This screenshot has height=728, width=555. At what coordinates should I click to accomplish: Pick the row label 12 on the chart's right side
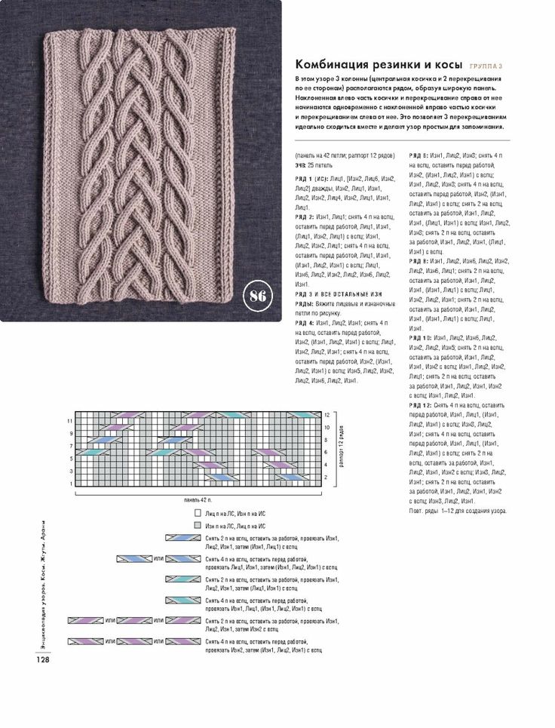(327, 415)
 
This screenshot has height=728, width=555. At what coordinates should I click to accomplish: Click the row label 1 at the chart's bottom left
(71, 484)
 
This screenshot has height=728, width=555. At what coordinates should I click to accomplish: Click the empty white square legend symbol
(197, 511)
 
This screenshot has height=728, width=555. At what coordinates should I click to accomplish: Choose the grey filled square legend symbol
(197, 524)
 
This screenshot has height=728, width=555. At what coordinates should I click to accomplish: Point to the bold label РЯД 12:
(421, 405)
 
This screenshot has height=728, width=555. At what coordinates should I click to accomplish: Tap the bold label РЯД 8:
(419, 260)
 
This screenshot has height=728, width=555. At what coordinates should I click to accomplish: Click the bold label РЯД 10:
(421, 338)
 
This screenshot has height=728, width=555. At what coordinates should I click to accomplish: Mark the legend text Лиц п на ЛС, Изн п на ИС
(235, 511)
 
